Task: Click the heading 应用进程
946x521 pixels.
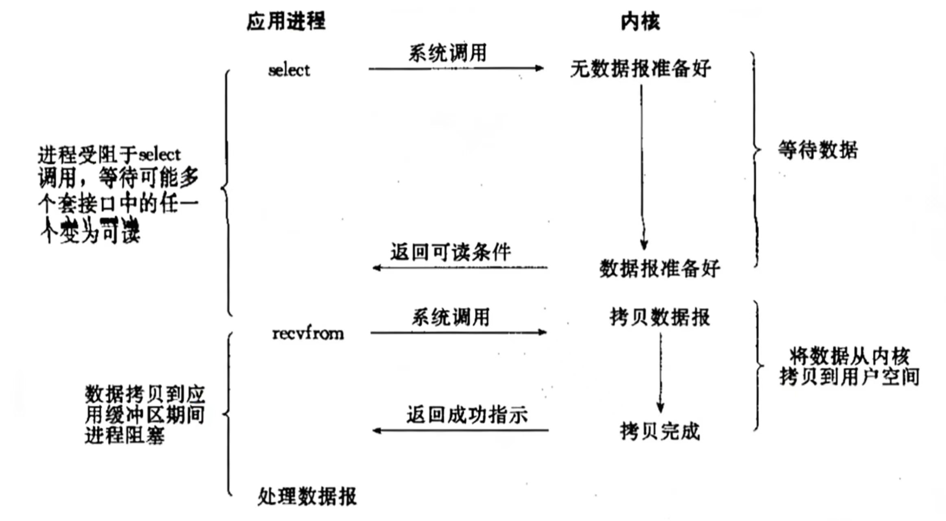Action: [286, 21]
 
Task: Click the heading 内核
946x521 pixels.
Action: [640, 21]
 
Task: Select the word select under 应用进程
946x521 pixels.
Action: [289, 70]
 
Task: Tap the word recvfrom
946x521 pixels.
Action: [308, 334]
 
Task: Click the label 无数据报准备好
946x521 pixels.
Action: [641, 68]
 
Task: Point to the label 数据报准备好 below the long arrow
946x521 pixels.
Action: [659, 269]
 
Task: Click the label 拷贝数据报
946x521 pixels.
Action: [660, 317]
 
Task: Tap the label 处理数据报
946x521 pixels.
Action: [307, 496]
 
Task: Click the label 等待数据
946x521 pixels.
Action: [818, 150]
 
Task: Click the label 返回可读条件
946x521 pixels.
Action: [451, 252]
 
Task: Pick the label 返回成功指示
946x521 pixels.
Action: [467, 415]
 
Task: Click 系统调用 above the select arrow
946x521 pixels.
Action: [448, 53]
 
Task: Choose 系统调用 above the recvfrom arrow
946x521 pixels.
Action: [451, 317]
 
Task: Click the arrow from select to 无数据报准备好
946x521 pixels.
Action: [456, 68]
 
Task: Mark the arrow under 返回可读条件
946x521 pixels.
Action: [460, 268]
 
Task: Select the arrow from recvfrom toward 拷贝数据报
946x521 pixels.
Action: [458, 333]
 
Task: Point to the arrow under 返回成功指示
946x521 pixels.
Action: [460, 430]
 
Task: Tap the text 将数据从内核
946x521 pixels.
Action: [849, 357]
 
